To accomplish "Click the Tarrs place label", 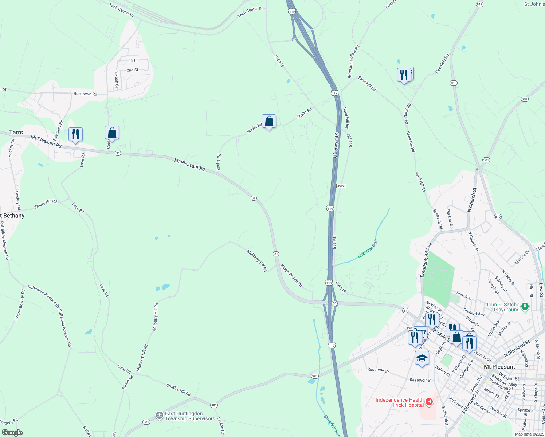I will point(16,132).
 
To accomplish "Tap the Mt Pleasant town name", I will point(499,367).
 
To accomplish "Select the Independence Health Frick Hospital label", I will point(400,402).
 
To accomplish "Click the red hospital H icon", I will point(429,402).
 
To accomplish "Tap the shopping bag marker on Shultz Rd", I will point(269,122).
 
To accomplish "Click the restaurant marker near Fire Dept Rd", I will point(75,134).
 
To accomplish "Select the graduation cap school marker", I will point(422,358).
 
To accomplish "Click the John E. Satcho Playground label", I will point(502,307).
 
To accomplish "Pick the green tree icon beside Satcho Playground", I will point(525,307).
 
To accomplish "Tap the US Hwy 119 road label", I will point(336,145).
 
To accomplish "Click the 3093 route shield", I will point(341,186).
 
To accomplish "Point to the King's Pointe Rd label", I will point(291,275).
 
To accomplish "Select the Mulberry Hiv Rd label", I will point(257,260).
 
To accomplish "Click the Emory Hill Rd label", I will point(46,204).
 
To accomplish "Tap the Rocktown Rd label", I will point(85,94).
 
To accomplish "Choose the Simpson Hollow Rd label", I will point(353,61).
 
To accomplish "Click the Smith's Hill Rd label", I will point(179,390).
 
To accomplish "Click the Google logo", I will point(12,433).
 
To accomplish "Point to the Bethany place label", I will point(13,216).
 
